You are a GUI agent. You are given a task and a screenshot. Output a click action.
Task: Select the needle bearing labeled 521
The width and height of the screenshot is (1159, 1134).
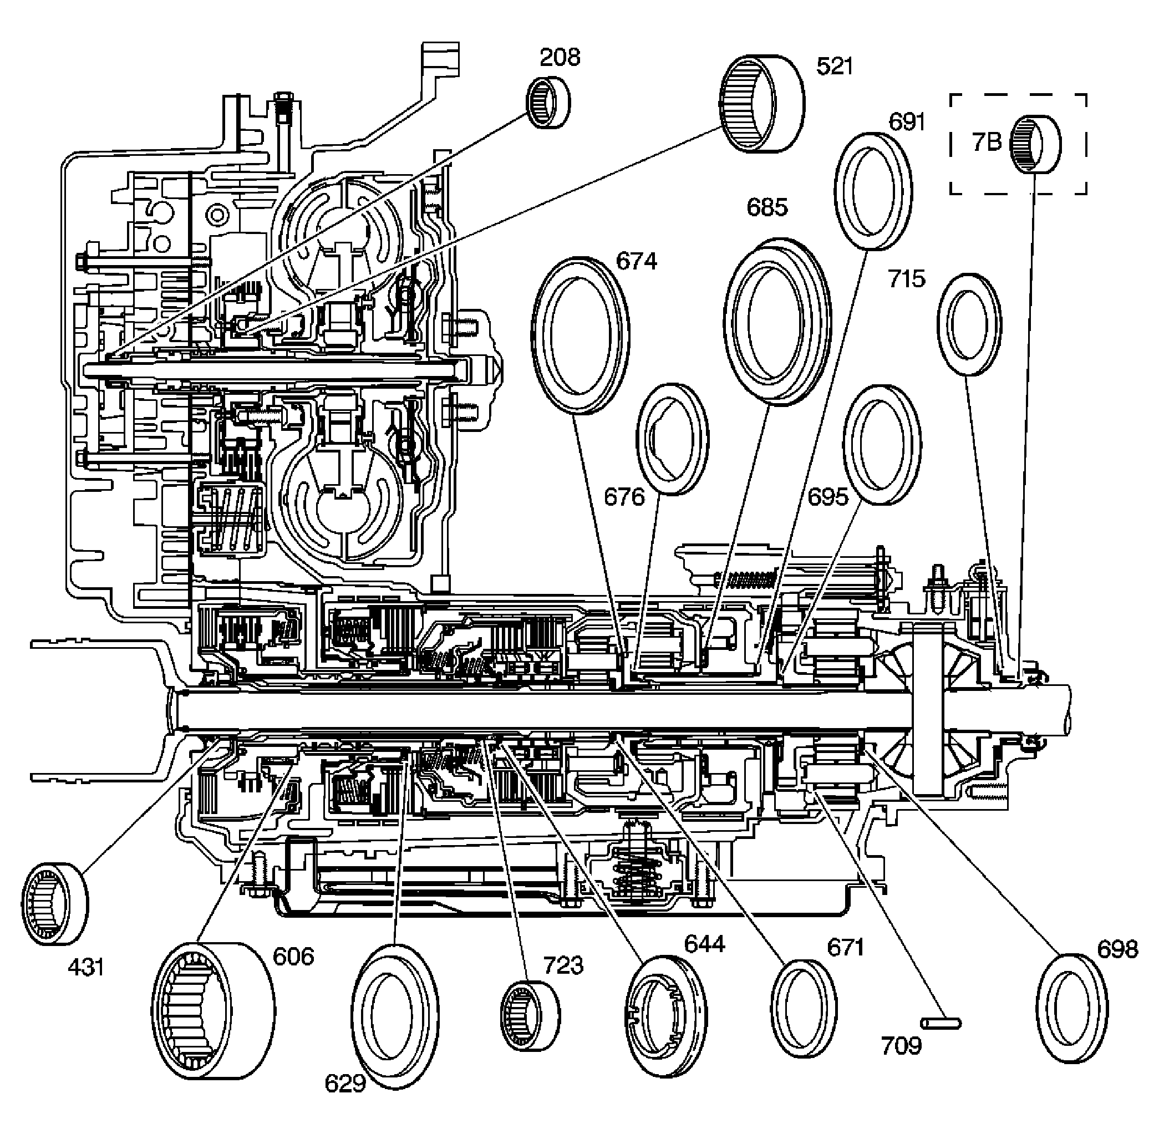[x=762, y=104]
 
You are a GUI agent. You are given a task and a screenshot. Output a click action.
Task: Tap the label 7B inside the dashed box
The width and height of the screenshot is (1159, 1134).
[x=987, y=143]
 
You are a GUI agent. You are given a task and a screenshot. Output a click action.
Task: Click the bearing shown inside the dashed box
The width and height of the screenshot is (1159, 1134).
[x=1036, y=144]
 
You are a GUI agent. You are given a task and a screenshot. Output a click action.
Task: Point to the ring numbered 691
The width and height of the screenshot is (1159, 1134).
[x=872, y=191]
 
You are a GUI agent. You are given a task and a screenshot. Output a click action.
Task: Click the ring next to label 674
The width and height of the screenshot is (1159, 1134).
[x=580, y=335]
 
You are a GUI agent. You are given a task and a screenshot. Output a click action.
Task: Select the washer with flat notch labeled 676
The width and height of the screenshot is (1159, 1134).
[x=673, y=439]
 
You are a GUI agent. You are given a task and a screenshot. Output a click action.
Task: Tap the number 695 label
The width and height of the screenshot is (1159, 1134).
[x=827, y=497]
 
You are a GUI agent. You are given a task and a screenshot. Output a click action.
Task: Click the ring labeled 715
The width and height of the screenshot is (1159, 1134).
[x=969, y=324]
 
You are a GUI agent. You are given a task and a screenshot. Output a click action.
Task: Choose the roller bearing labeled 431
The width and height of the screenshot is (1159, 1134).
[x=54, y=903]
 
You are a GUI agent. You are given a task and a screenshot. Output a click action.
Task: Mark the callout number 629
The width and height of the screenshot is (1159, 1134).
[x=345, y=1083]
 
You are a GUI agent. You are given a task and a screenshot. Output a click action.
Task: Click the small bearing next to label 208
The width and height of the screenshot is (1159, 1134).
[x=548, y=103]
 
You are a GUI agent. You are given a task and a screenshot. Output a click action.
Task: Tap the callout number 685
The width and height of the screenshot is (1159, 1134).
[x=767, y=208]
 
